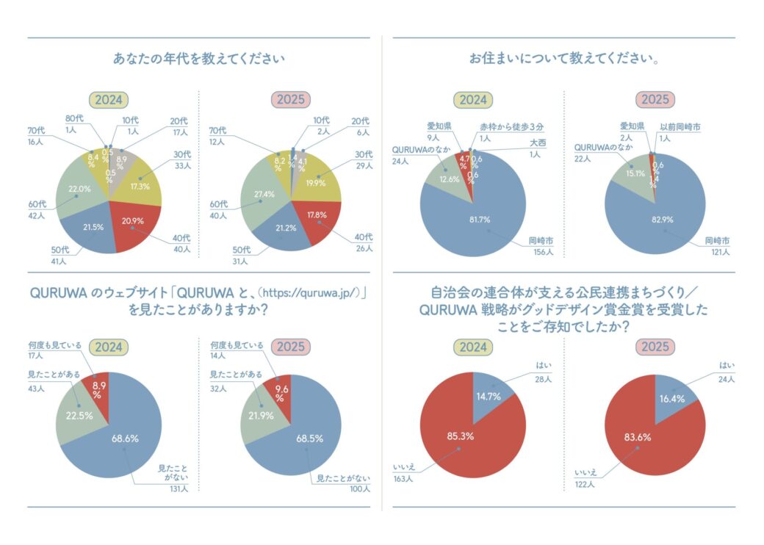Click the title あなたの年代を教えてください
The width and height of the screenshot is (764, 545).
pos(198,59)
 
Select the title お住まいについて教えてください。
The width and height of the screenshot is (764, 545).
pos(563,59)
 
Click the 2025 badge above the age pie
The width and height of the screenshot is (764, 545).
pos(289,99)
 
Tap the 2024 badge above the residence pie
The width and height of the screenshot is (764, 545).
pos(474,100)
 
